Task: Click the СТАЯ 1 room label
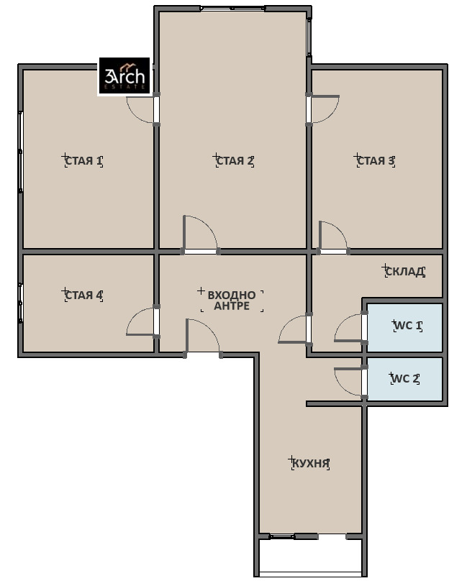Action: (83, 161)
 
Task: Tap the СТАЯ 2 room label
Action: (235, 161)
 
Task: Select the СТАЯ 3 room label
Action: (376, 161)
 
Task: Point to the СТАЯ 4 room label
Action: (83, 296)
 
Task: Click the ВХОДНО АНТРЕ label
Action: (232, 301)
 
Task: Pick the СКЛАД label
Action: (405, 271)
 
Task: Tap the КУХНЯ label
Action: (310, 464)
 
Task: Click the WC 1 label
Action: (408, 326)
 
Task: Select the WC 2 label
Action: (405, 379)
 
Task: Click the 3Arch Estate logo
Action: (124, 76)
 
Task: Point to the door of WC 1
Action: (348, 328)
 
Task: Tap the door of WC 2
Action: (348, 382)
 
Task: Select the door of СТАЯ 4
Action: (141, 322)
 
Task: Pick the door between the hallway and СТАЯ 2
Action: (200, 234)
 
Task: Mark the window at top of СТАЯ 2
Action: (232, 8)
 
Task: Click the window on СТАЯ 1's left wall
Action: (21, 152)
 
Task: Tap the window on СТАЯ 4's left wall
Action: (21, 303)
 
